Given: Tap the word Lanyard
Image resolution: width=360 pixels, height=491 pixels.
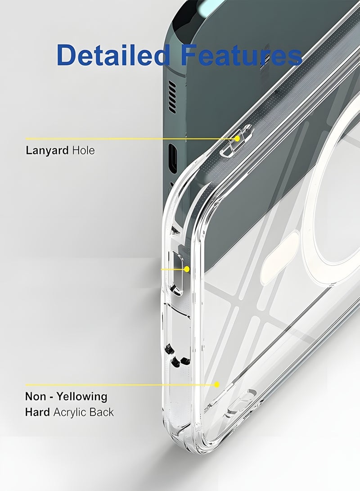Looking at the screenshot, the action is click(47, 151).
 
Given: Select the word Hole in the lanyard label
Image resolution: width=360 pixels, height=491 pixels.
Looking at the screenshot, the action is click(83, 150).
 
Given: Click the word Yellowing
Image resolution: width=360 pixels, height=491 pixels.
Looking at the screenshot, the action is click(82, 397).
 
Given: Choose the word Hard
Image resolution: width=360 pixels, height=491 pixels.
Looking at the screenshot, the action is click(37, 412).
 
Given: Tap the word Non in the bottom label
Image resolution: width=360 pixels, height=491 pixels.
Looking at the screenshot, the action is click(36, 396).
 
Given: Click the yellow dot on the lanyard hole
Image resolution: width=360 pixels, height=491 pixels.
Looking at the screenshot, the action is click(237, 138).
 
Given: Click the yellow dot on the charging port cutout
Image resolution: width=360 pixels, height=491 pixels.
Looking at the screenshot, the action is click(187, 269).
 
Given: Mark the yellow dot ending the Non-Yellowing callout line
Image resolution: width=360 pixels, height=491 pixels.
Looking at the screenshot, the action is click(216, 384).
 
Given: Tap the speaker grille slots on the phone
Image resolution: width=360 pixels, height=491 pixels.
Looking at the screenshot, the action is click(172, 96).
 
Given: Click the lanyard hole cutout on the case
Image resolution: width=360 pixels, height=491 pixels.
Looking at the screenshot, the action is click(236, 140).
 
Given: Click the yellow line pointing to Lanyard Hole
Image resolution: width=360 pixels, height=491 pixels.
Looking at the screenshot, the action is click(131, 139).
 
